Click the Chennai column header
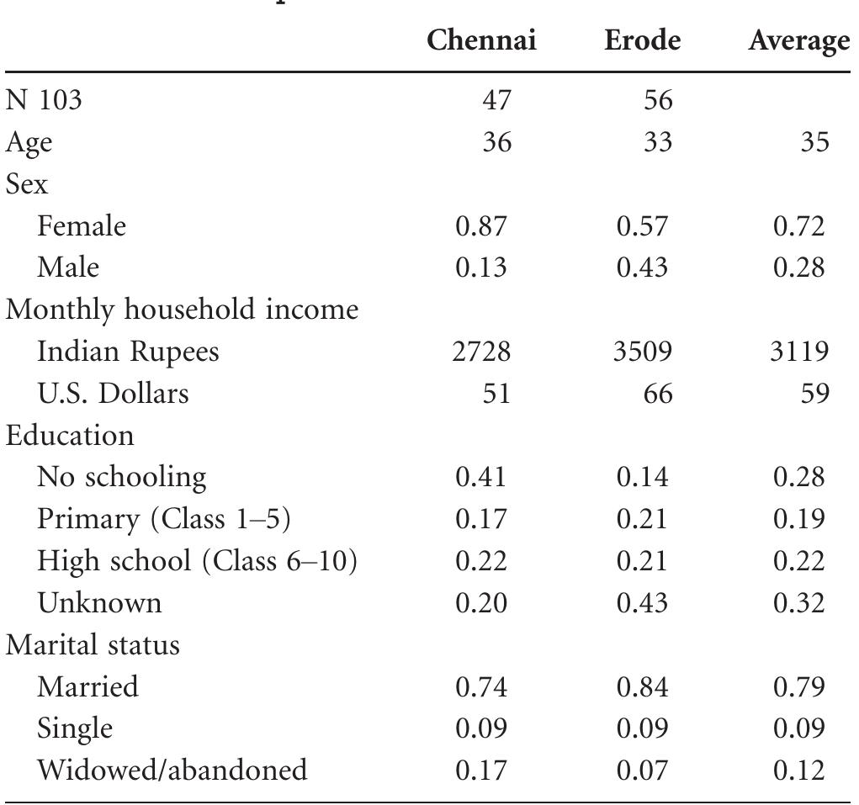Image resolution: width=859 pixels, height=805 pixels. (481, 41)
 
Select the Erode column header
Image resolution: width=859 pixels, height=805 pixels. (642, 41)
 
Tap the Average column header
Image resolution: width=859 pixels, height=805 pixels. (798, 41)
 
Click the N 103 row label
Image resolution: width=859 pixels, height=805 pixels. (44, 101)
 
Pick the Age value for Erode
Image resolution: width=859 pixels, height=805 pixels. (657, 142)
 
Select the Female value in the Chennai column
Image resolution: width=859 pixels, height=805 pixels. (482, 226)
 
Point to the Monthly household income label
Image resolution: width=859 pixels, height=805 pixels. (183, 310)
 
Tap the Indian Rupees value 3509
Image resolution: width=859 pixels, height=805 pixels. (644, 352)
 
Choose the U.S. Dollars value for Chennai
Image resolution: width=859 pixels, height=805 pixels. (496, 394)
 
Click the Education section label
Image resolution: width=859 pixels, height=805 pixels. (70, 436)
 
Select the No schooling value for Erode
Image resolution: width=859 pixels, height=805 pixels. (642, 478)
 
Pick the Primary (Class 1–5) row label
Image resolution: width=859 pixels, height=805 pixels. (163, 519)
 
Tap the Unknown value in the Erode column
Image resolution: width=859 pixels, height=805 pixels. (642, 603)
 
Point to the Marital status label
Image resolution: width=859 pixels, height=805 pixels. (93, 645)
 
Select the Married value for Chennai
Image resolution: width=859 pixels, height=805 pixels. (482, 687)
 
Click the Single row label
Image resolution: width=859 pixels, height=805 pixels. (75, 728)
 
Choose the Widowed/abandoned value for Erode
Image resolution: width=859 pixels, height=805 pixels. (642, 770)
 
